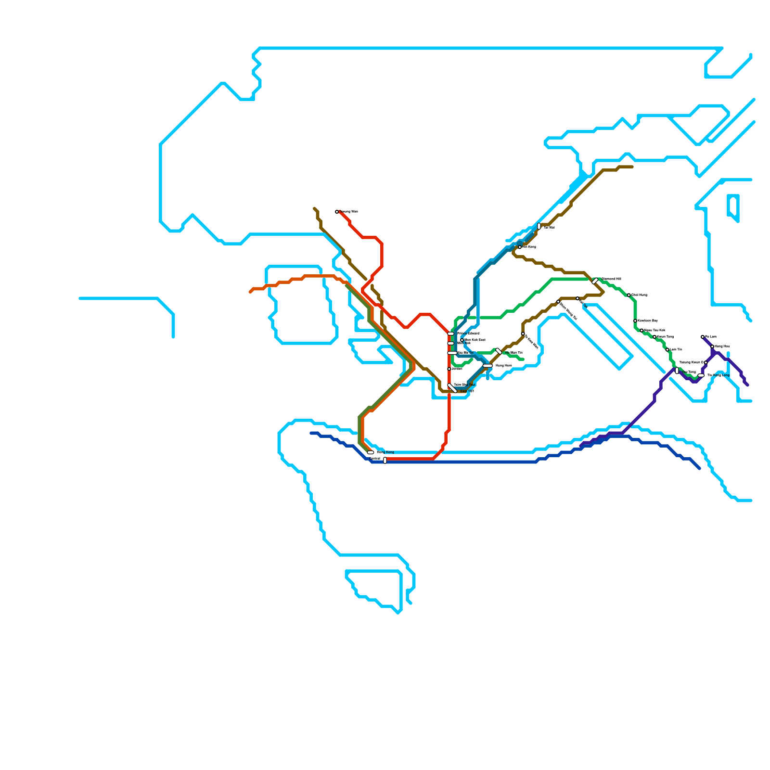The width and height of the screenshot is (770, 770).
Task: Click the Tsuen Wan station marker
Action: pyautogui.click(x=337, y=212)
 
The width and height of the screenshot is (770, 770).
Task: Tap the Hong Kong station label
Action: pyautogui.click(x=385, y=452)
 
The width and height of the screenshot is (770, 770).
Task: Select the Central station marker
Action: pyautogui.click(x=385, y=460)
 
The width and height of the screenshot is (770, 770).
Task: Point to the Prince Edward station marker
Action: pyautogui.click(x=451, y=334)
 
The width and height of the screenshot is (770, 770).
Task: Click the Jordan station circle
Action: pyautogui.click(x=449, y=369)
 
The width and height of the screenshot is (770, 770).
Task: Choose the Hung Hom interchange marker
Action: pyautogui.click(x=488, y=366)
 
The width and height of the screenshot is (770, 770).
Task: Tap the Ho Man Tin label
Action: pyautogui.click(x=513, y=353)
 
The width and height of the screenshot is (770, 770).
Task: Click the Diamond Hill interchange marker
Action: pyautogui.click(x=595, y=281)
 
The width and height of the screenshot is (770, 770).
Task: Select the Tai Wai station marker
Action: pyautogui.click(x=539, y=226)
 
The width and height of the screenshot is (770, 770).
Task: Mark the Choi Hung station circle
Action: pyautogui.click(x=629, y=295)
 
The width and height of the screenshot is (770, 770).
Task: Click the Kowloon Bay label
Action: pyautogui.click(x=647, y=321)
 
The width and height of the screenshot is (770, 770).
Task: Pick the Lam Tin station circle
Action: pyautogui.click(x=667, y=350)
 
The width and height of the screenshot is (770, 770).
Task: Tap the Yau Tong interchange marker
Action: pyautogui.click(x=677, y=371)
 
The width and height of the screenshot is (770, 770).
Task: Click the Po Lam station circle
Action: pyautogui.click(x=703, y=337)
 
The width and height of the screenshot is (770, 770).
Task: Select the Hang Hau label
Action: pyautogui.click(x=722, y=346)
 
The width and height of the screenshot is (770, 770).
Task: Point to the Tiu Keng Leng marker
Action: pyautogui.click(x=701, y=375)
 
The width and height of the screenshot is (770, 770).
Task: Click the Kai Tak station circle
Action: pyautogui.click(x=577, y=298)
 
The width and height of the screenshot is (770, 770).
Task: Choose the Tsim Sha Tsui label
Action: pyautogui.click(x=464, y=385)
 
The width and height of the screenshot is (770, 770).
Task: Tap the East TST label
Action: pyautogui.click(x=467, y=391)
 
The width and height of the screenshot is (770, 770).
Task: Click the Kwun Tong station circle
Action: pyautogui.click(x=654, y=337)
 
